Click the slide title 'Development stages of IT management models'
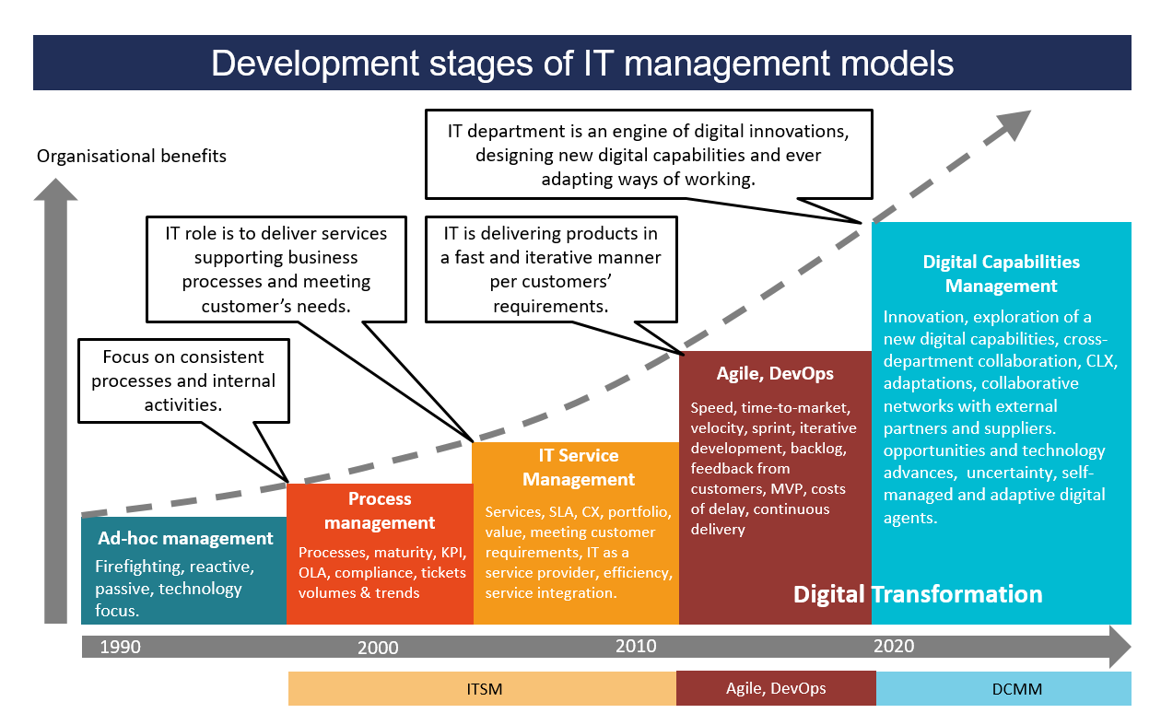pyautogui.click(x=582, y=64)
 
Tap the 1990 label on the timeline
pyautogui.click(x=120, y=647)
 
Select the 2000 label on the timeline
pyautogui.click(x=378, y=648)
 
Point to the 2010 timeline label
pyautogui.click(x=636, y=646)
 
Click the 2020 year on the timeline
pyautogui.click(x=894, y=646)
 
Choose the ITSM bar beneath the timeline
pyautogui.click(x=483, y=689)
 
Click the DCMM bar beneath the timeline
pyautogui.click(x=1004, y=689)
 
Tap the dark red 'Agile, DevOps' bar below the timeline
pyautogui.click(x=777, y=688)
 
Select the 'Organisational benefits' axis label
pyautogui.click(x=132, y=156)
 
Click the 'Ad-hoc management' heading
pyautogui.click(x=185, y=538)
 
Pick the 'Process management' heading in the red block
pyautogui.click(x=380, y=510)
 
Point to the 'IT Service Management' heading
pyautogui.click(x=579, y=467)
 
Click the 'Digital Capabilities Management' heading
pyautogui.click(x=1002, y=274)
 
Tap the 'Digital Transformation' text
pyautogui.click(x=918, y=594)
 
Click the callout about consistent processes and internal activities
pyautogui.click(x=183, y=380)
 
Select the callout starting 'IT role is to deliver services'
pyautogui.click(x=276, y=270)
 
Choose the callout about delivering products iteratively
pyautogui.click(x=551, y=270)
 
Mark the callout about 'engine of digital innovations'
pyautogui.click(x=649, y=155)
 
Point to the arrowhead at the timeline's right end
pyautogui.click(x=1120, y=647)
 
